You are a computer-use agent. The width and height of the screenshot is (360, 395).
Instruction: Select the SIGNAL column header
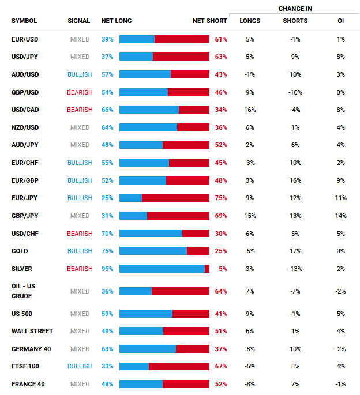pyautogui.click(x=78, y=21)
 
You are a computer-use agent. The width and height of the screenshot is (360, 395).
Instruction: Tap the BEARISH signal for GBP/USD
pyautogui.click(x=80, y=92)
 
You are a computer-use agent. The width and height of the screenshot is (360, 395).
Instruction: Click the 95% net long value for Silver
pyautogui.click(x=107, y=269)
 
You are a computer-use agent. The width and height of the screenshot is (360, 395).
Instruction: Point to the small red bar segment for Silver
pyautogui.click(x=207, y=269)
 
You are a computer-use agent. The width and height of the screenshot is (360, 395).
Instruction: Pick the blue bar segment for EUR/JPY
pyautogui.click(x=130, y=198)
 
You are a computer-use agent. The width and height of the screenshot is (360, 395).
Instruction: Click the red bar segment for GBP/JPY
pyautogui.click(x=178, y=216)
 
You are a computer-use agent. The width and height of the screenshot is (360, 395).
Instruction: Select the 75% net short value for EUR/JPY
pyautogui.click(x=220, y=198)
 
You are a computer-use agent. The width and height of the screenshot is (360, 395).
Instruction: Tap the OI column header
pyautogui.click(x=341, y=21)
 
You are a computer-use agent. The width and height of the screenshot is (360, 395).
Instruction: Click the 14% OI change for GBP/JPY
pyautogui.click(x=341, y=216)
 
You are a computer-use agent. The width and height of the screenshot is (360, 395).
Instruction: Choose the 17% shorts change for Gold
pyautogui.click(x=295, y=251)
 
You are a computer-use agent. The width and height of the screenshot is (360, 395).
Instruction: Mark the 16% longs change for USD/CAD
pyautogui.click(x=250, y=110)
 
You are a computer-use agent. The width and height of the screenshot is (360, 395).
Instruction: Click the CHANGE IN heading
pyautogui.click(x=295, y=9)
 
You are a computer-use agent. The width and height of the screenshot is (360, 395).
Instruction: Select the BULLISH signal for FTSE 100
pyautogui.click(x=80, y=366)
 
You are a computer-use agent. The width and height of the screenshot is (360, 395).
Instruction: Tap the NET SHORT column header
pyautogui.click(x=209, y=21)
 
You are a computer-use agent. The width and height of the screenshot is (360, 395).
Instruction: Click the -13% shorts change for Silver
pyautogui.click(x=295, y=269)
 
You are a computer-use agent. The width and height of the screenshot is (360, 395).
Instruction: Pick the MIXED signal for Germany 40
pyautogui.click(x=80, y=349)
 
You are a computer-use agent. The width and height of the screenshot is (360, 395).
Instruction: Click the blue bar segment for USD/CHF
pyautogui.click(x=151, y=234)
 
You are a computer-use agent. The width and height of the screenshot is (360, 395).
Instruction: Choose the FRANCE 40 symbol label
pyautogui.click(x=28, y=384)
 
